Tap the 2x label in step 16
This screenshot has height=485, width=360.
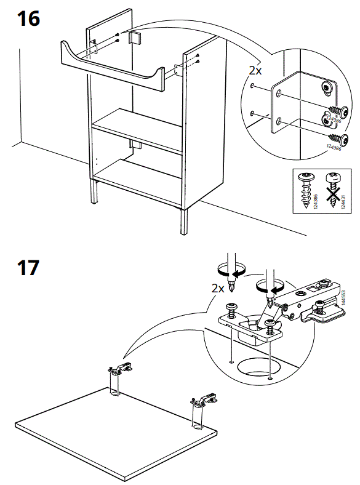point(255,71)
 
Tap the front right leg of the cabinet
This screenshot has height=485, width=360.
point(184,222)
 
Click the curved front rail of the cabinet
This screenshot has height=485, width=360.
point(114,65)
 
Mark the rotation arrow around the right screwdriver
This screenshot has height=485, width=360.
point(269,286)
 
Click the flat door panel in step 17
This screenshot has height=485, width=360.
point(117,431)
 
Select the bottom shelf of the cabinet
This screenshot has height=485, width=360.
point(138,178)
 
